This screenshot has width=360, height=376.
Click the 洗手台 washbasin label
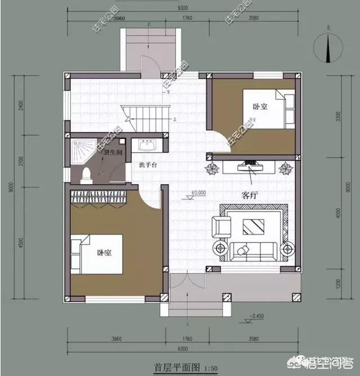[148, 165]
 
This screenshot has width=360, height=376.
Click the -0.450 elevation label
[258, 316]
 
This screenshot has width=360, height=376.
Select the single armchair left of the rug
[222, 226]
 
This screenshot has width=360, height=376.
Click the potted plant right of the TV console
[286, 168]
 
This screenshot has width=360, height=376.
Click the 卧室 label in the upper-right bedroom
[259, 106]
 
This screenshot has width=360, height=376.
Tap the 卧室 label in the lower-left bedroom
[103, 253]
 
